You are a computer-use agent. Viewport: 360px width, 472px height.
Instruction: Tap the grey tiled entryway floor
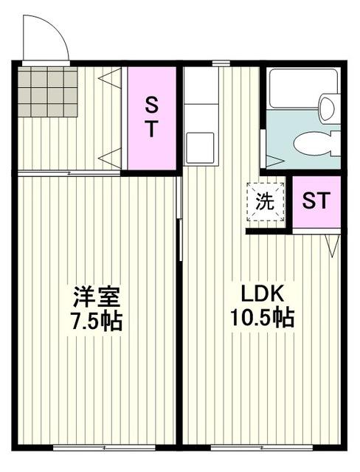point(49,92)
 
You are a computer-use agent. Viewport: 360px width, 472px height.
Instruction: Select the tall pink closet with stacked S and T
point(150,118)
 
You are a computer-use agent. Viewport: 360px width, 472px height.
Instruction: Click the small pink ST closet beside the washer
point(316,201)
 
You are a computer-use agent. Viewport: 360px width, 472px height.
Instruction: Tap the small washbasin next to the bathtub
point(326,108)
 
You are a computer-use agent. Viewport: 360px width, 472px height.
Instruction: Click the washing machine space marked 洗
point(265,200)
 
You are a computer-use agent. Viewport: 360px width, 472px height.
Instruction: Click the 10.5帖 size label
point(263,319)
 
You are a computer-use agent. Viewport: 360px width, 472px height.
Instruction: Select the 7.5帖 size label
point(96,322)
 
